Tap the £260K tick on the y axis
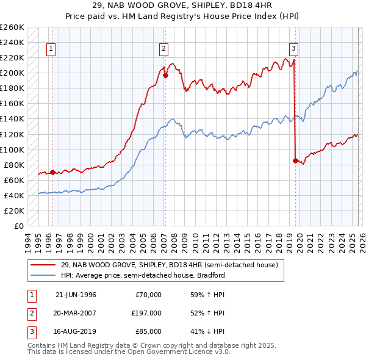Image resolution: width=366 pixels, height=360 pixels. click(12, 27)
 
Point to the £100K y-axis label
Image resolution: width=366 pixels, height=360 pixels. click(12, 149)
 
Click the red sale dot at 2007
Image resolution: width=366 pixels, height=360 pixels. click(165, 76)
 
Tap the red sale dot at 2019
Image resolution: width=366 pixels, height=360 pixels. click(295, 161)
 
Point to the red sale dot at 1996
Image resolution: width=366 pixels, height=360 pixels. click(52, 172)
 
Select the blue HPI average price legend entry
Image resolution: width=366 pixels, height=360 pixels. click(143, 275)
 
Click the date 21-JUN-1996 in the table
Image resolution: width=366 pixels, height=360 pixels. click(76, 295)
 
